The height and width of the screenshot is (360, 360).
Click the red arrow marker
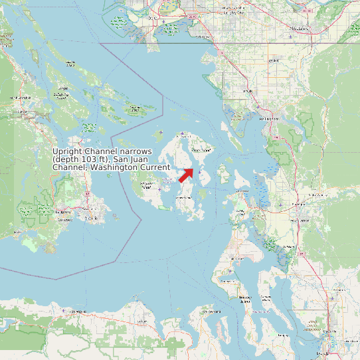(186, 175)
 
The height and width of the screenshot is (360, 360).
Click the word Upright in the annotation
(67, 151)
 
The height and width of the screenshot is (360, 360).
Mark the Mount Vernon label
(303, 220)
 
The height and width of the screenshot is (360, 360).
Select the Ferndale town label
(248, 91)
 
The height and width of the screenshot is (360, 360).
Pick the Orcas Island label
(201, 150)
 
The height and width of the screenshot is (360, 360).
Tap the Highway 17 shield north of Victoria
(87, 194)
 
